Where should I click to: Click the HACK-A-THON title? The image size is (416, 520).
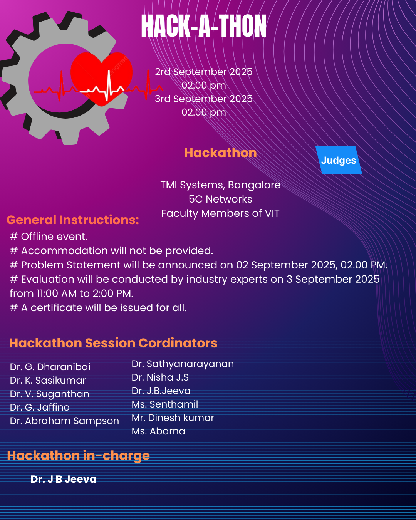point(204,26)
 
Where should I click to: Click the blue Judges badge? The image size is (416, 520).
point(339,160)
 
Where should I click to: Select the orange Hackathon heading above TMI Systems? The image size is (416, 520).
point(220,153)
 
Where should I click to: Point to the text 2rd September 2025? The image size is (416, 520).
point(203,72)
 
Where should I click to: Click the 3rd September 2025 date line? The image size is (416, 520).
point(203,99)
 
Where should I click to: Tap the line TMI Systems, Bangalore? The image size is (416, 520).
point(220,185)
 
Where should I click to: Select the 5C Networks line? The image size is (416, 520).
point(220,199)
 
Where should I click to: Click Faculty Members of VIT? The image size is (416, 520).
point(220,213)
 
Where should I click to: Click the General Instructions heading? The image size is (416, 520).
point(73,220)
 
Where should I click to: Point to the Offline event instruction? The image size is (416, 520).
point(49,237)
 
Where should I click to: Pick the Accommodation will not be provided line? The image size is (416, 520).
point(112,251)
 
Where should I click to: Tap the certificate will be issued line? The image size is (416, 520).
point(99,308)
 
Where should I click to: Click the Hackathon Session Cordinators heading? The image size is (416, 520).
point(113,343)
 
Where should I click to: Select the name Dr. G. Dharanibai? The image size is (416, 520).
point(50,367)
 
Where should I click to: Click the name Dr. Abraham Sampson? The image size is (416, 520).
point(64,421)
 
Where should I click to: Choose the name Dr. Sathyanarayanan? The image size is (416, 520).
point(183,364)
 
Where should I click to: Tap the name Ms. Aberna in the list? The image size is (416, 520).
point(158,431)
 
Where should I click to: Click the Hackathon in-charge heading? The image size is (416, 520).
point(78,456)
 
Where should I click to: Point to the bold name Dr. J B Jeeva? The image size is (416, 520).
point(64,479)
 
